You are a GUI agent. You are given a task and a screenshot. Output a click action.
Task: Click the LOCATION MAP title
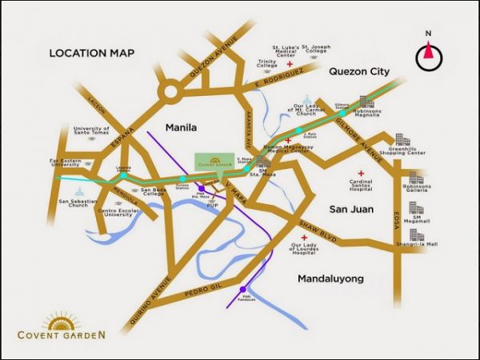click(x=91, y=54)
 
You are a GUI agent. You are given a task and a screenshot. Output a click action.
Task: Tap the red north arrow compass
click(x=429, y=54)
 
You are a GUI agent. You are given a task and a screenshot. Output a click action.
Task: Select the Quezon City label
click(x=358, y=71)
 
